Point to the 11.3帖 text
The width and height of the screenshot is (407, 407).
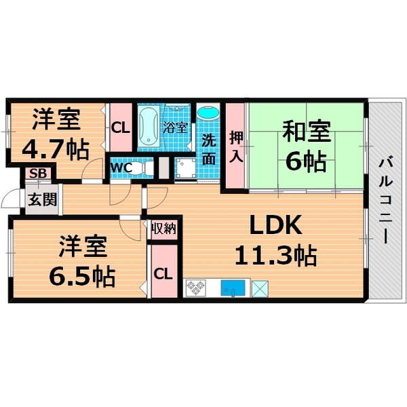pos(275,255)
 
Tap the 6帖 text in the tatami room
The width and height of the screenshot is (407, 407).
pos(305,161)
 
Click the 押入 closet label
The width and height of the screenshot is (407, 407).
pos(235,147)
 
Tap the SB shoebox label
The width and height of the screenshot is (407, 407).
pos(36,174)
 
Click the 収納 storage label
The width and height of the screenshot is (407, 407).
pos(163,229)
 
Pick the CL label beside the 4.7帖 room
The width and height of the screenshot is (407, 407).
pos(121,127)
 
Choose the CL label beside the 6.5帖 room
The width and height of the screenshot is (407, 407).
pos(163,274)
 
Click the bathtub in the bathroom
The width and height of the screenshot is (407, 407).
pos(149,126)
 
